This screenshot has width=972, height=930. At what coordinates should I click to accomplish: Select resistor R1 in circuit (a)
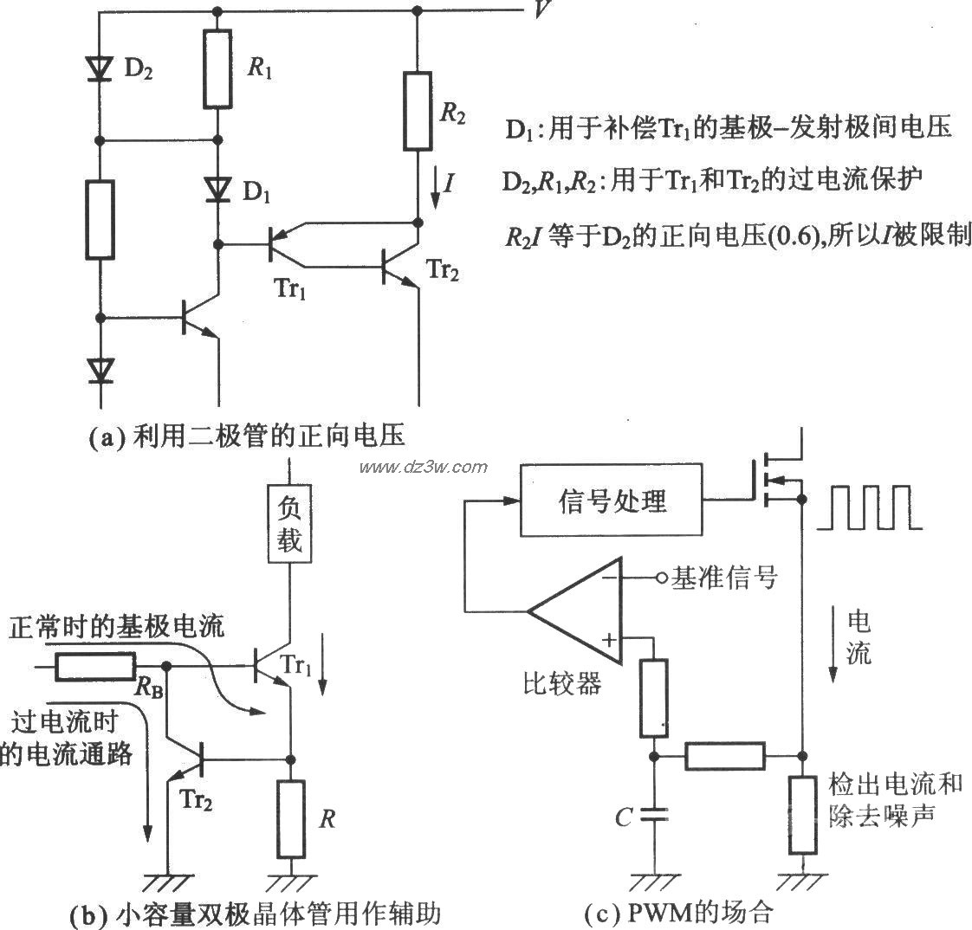217,68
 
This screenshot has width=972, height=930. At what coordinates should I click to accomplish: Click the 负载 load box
289,527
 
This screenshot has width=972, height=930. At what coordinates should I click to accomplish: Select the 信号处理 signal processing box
612,501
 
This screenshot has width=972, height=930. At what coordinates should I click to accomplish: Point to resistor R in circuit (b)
292,816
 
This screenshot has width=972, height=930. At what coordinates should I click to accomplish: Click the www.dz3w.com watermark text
424,468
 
